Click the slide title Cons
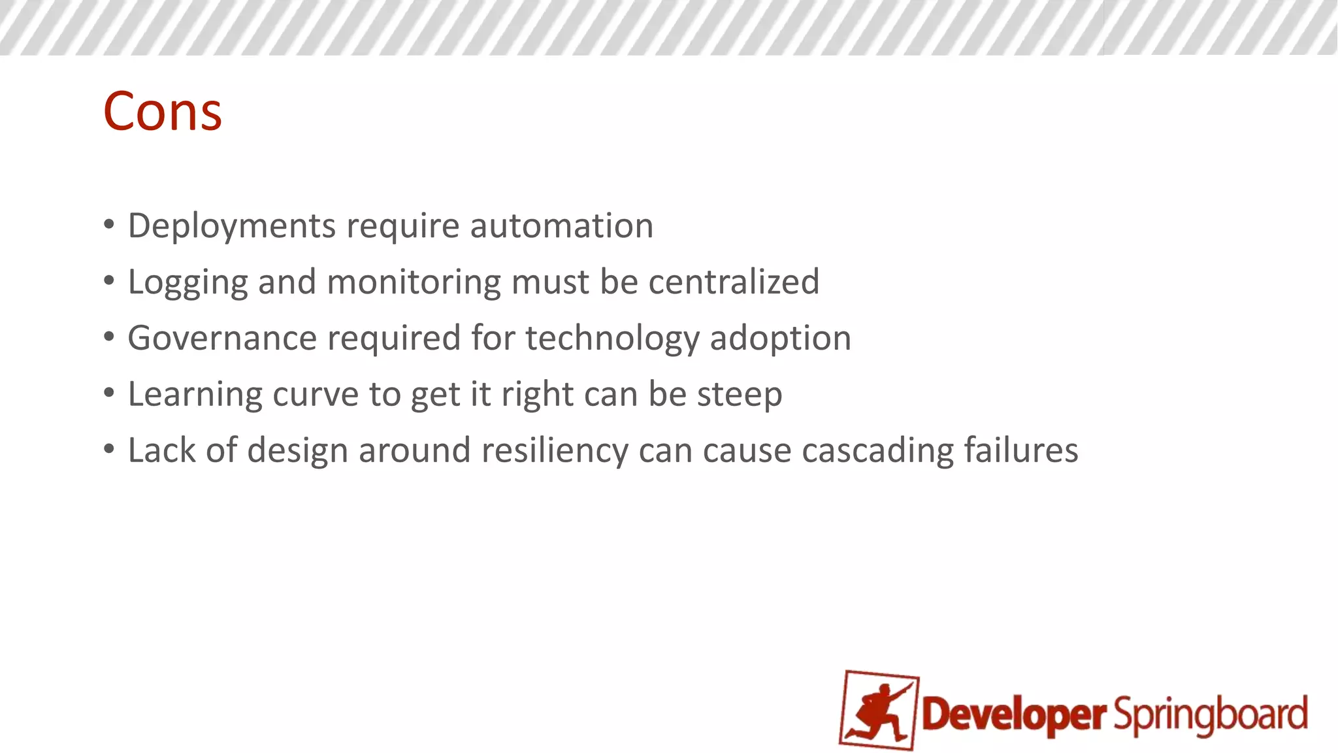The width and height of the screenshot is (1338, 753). (x=163, y=112)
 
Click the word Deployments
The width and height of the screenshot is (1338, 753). (x=231, y=226)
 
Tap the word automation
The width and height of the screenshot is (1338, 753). (x=561, y=226)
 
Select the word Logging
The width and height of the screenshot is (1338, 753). (x=188, y=282)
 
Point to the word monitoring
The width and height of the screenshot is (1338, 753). (x=414, y=282)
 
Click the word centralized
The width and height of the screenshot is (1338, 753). (x=733, y=282)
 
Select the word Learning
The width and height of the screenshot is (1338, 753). (x=194, y=395)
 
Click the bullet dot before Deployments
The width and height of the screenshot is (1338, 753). (x=109, y=225)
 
